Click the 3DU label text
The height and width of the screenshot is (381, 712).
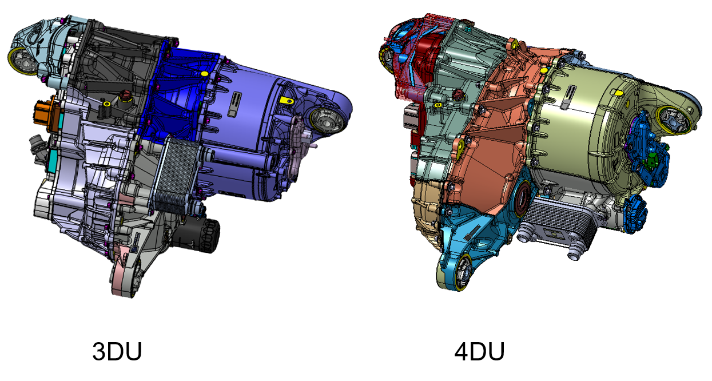tap(117, 351)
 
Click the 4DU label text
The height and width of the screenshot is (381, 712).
tap(479, 351)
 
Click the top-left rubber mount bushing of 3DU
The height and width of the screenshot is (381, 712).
tap(22, 59)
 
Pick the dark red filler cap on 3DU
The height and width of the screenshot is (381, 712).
tap(123, 96)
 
